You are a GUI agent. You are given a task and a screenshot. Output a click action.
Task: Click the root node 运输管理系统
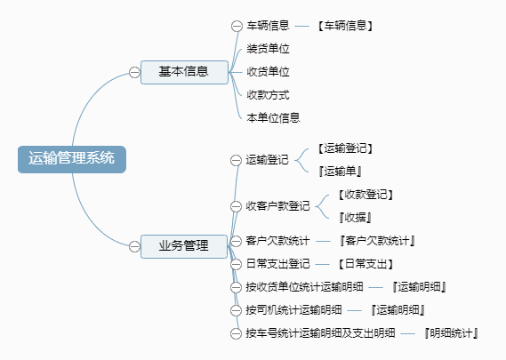tap(72, 159)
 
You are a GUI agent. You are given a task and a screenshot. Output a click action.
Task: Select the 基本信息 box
tap(184, 72)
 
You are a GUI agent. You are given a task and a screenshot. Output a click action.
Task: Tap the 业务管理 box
tap(184, 246)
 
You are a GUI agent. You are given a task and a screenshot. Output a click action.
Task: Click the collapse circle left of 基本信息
tap(134, 72)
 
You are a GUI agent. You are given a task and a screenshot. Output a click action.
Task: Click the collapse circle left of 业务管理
tap(134, 246)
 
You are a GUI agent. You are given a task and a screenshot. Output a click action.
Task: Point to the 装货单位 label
tap(268, 49)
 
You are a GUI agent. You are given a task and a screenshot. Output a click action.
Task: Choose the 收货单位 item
tap(268, 72)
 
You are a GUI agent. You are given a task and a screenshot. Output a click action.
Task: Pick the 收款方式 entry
tap(268, 95)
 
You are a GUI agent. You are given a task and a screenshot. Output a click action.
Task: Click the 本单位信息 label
tap(273, 117)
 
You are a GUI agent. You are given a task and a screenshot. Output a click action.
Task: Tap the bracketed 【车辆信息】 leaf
tap(345, 26)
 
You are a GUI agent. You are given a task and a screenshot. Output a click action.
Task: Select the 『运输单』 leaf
tap(340, 172)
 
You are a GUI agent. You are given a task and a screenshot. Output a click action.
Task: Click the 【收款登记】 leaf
tap(365, 195)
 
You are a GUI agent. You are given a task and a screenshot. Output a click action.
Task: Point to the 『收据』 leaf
tap(355, 218)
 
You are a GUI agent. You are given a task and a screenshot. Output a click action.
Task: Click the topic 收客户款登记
tap(277, 206)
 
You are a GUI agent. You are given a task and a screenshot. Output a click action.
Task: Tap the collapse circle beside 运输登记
tap(236, 160)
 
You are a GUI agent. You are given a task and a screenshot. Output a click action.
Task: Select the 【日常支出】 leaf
tap(365, 264)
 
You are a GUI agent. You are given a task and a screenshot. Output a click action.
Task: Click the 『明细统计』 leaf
tap(451, 333)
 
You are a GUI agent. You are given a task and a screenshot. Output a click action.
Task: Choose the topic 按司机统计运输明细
tap(293, 310)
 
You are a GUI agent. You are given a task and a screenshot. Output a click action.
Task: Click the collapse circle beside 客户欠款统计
tap(236, 241)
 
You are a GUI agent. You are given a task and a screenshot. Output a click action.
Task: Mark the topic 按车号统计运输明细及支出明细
tap(320, 333)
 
